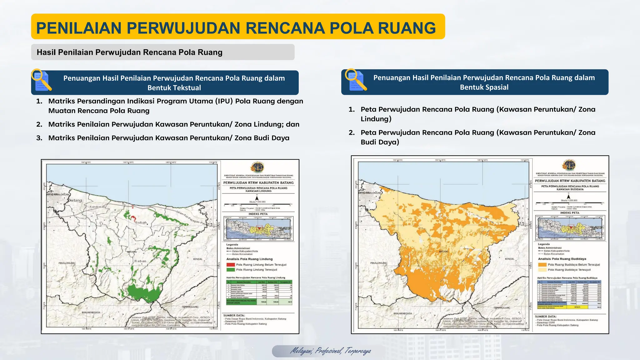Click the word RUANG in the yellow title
coord(407,28)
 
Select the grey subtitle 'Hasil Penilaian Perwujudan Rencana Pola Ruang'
coord(129,52)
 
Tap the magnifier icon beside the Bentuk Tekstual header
coord(42,80)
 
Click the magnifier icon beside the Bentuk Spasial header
coord(356,80)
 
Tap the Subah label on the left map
coord(141,222)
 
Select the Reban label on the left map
coord(140,261)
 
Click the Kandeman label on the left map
coord(97,207)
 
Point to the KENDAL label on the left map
coord(198,259)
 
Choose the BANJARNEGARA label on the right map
coord(403,313)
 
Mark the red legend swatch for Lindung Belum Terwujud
coord(230,265)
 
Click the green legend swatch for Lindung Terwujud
coord(230,270)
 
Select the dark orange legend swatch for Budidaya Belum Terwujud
coord(542,265)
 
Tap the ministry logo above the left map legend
coord(257,167)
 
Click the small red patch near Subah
coord(133,217)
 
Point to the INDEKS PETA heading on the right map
coord(570,213)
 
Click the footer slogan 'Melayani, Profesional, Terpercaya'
coord(331,351)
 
